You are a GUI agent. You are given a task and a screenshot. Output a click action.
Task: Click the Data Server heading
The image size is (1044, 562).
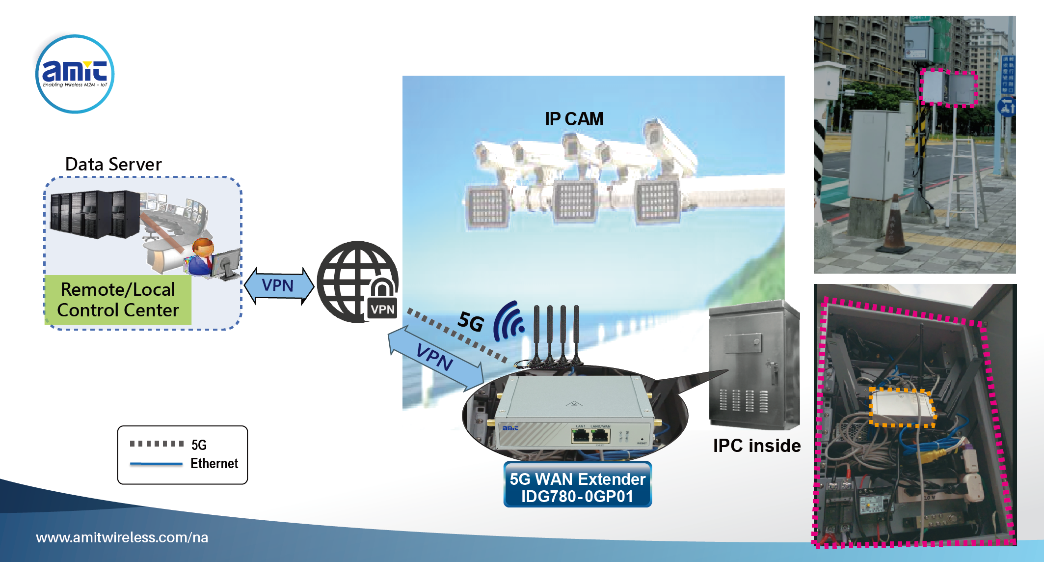113,164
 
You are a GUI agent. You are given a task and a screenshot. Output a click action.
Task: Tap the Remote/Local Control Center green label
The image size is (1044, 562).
118,300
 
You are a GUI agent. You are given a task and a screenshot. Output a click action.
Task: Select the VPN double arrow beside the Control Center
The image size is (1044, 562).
279,285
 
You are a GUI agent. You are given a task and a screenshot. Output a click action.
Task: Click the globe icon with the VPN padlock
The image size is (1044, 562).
357,281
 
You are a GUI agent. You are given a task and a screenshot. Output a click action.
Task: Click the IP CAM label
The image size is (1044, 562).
574,119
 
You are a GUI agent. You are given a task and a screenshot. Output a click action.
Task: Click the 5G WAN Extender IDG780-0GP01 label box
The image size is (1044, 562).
577,487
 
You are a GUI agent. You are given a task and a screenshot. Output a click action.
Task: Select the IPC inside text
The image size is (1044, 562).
756,446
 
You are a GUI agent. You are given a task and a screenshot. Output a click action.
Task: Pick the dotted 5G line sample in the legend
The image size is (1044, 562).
157,444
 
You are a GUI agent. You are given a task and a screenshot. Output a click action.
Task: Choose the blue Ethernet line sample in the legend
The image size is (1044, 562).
156,463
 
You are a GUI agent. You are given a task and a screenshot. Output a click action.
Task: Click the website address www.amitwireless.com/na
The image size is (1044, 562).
122,537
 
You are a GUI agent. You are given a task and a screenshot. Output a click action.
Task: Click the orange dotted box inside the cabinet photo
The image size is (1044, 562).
902,407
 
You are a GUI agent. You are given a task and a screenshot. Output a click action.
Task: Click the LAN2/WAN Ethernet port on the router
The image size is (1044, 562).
600,436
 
